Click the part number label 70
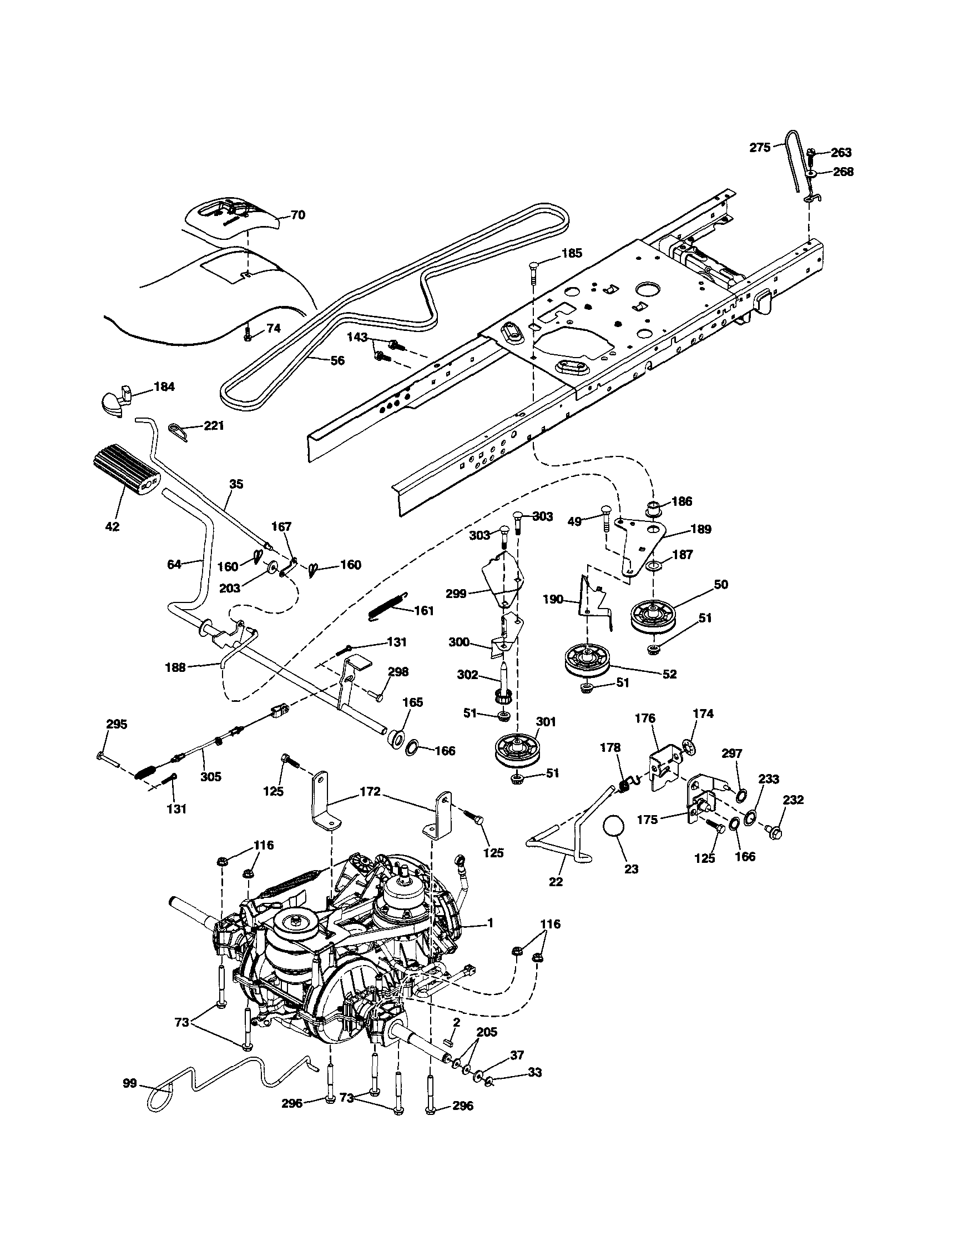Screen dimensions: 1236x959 click(297, 215)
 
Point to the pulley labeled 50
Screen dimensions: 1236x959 click(657, 616)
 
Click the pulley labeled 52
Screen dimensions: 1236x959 click(588, 660)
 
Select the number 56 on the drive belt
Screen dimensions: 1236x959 click(337, 360)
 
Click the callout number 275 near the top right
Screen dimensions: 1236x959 click(760, 148)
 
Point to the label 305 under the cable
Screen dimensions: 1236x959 click(210, 776)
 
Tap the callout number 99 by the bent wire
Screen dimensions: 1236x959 click(130, 1083)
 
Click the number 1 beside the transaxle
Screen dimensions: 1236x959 click(490, 922)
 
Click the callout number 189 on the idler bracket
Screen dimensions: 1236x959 click(700, 529)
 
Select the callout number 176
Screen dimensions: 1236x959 click(645, 718)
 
